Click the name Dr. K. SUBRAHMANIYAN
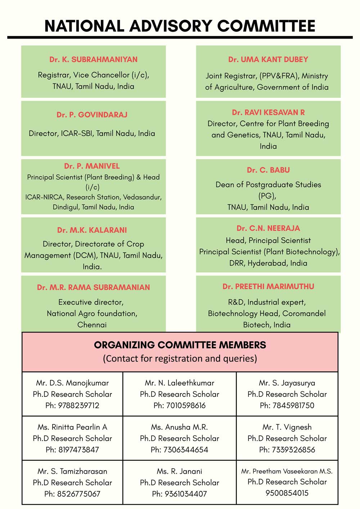click(x=93, y=59)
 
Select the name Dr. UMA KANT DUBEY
click(x=268, y=59)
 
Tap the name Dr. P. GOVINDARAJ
click(x=92, y=115)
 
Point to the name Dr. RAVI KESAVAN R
click(x=268, y=112)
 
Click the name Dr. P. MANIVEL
click(x=92, y=166)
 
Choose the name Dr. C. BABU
click(x=268, y=170)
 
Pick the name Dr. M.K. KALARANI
click(x=92, y=230)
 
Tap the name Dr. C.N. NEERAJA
click(x=268, y=228)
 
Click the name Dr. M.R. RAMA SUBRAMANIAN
click(x=93, y=287)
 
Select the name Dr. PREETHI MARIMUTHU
click(x=268, y=287)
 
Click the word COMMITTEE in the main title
click(x=266, y=26)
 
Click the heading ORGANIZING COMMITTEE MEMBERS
click(x=180, y=345)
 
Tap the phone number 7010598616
click(x=186, y=405)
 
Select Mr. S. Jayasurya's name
click(x=287, y=383)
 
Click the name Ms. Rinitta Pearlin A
click(x=72, y=427)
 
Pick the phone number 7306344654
click(x=186, y=450)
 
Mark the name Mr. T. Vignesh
click(x=287, y=427)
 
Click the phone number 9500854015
click(x=287, y=493)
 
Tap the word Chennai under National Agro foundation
click(x=92, y=325)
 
